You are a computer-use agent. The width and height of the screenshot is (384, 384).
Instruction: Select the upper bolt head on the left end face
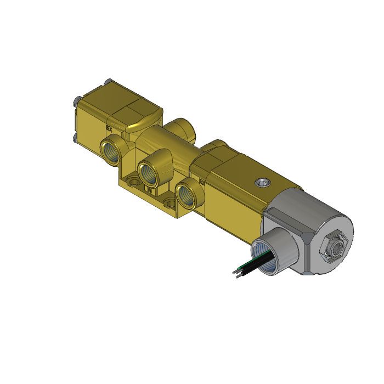[x=75, y=101]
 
